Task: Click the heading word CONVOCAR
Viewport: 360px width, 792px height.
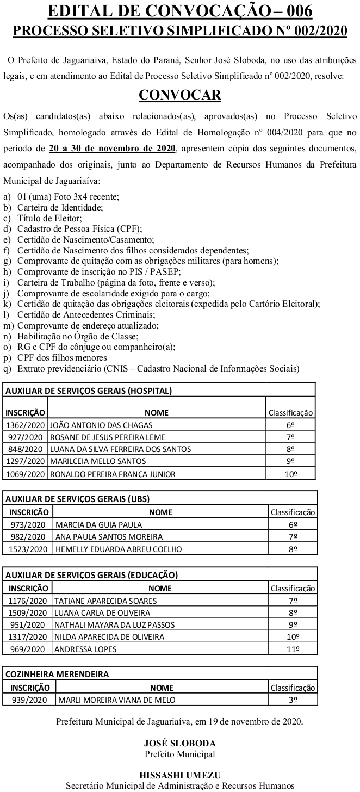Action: point(180,95)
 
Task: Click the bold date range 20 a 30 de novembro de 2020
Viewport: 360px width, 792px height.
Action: point(112,148)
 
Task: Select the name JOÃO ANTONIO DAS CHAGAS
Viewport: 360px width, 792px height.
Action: point(101,425)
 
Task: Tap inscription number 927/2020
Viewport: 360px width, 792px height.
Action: point(26,437)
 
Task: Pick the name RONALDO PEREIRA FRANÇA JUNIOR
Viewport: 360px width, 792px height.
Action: point(113,474)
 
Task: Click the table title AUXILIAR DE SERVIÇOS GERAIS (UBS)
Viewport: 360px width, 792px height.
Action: point(77,498)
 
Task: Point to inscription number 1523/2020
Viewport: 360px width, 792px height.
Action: point(28,549)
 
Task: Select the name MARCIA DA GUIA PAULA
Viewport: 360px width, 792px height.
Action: point(98,525)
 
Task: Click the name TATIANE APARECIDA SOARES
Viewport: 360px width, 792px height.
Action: point(105,601)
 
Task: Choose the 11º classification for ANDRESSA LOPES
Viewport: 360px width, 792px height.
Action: point(293,649)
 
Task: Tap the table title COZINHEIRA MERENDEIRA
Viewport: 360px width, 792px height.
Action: point(57,674)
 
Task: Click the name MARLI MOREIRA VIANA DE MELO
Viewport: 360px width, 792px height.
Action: point(116,700)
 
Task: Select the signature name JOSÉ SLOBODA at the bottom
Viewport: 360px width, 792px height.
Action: point(179,743)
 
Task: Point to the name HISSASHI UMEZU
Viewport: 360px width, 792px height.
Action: point(179,776)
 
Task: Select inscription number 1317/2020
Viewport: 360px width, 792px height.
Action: point(28,637)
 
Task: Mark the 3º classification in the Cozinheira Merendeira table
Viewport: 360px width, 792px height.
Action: point(293,700)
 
